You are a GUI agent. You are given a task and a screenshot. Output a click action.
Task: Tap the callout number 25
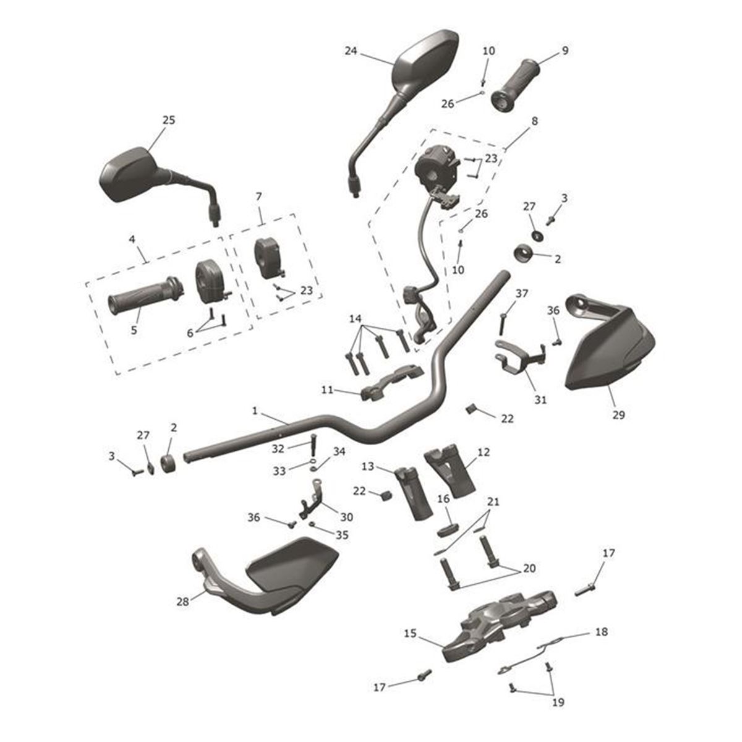[168, 120]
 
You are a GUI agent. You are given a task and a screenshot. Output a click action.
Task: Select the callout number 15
[411, 634]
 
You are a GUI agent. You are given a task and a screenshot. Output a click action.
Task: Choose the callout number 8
[534, 121]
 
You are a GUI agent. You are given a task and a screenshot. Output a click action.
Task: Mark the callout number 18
[600, 632]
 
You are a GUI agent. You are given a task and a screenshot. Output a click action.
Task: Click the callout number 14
[355, 318]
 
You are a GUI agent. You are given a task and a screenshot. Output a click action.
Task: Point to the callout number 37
[522, 293]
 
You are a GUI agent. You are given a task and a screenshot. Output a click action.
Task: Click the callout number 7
[259, 197]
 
